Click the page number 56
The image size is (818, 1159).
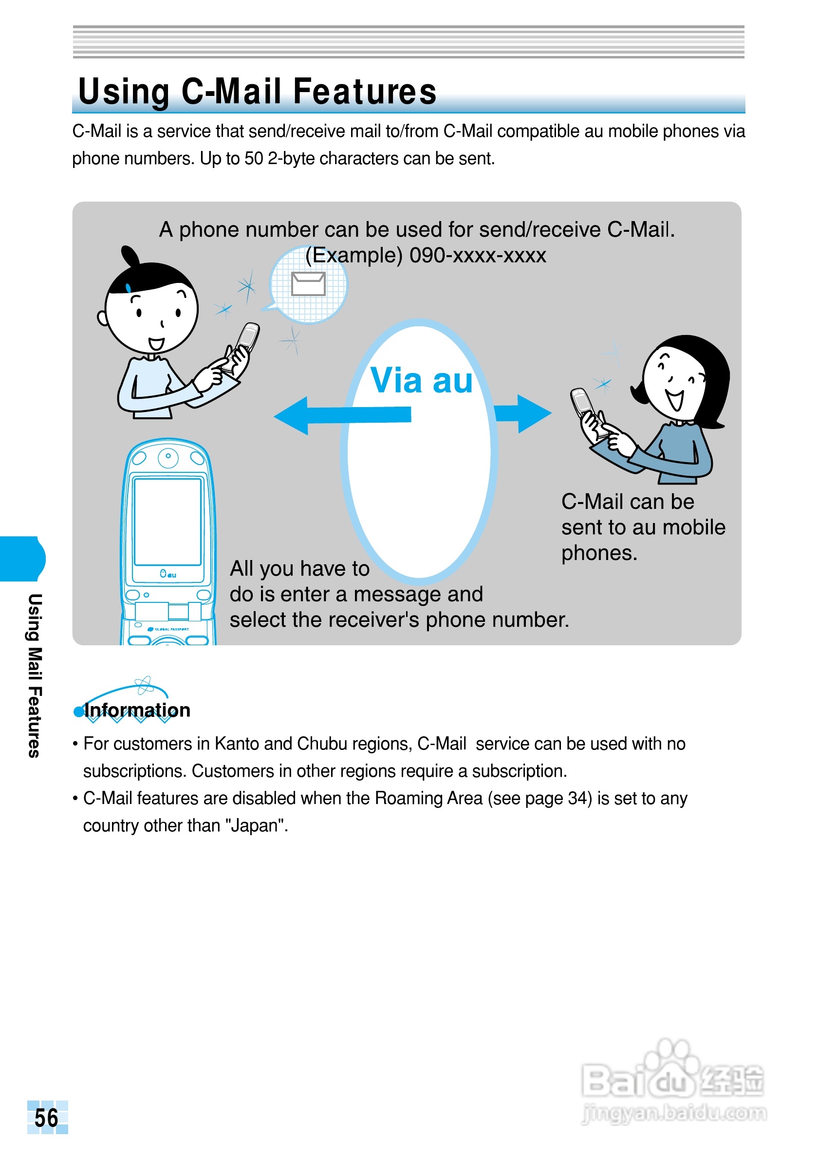pos(46,1118)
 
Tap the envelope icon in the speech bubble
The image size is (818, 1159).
pos(308,284)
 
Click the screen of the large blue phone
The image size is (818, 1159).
pos(167,522)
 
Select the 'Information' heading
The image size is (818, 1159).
pos(137,710)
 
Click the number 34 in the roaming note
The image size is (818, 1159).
pos(577,798)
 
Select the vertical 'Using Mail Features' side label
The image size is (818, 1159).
pos(34,675)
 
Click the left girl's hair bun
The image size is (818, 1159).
pos(130,257)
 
